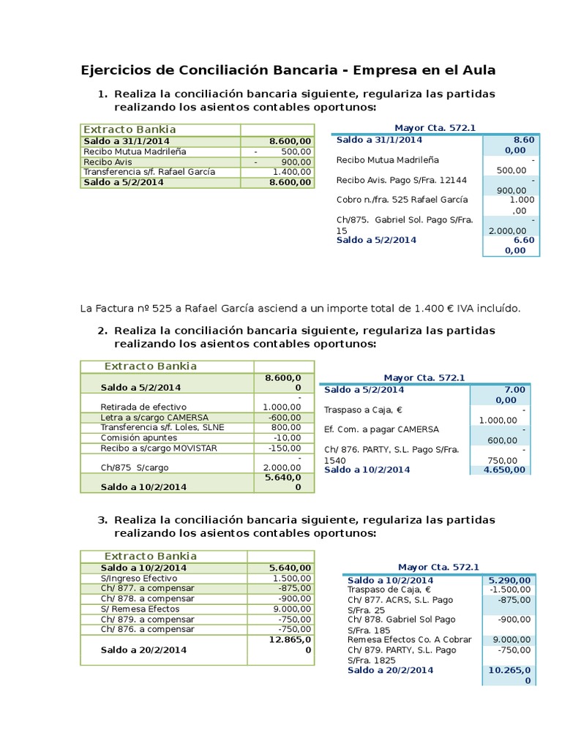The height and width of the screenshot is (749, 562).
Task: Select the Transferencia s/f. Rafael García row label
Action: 149,172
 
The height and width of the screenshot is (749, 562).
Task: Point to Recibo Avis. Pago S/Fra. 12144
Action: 401,180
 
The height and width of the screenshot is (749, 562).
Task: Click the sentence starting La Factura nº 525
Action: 300,308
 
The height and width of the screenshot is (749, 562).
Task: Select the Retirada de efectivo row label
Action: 143,407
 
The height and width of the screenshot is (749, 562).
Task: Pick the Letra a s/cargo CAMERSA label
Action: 151,417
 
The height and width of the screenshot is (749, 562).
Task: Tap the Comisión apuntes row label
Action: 138,437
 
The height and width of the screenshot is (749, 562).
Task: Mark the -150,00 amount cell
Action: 286,448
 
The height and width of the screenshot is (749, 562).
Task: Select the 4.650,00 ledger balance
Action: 504,470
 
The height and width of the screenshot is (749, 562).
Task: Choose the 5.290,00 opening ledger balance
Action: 509,581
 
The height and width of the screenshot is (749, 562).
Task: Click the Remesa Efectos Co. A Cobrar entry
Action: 409,639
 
